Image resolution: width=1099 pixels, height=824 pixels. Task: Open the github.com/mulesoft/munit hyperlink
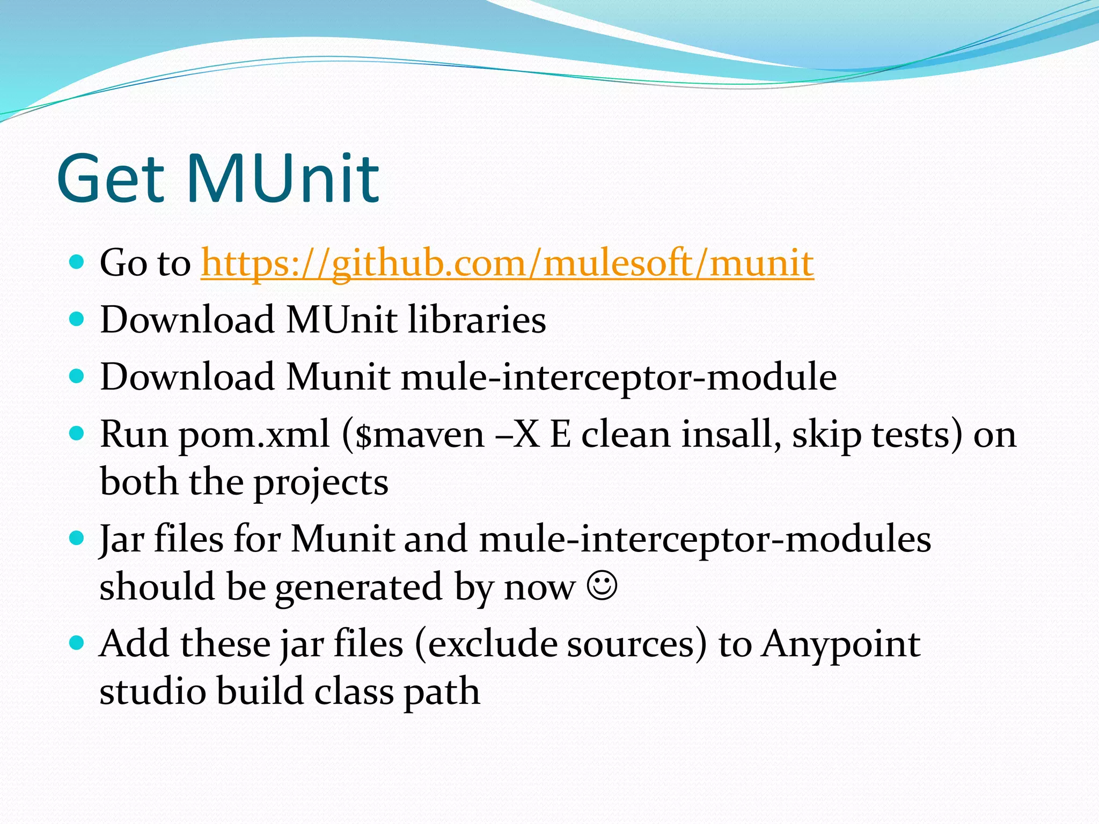(x=507, y=263)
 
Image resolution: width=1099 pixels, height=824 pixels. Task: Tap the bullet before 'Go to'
(x=77, y=262)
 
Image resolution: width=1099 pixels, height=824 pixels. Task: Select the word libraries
(x=477, y=320)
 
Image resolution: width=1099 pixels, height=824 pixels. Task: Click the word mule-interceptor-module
(x=619, y=377)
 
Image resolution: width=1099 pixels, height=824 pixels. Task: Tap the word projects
(x=320, y=483)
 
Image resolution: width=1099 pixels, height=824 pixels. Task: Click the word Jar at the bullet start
(x=122, y=540)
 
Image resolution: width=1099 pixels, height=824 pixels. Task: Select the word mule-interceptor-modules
(x=705, y=540)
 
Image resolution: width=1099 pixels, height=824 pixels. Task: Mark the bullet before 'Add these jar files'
(x=77, y=642)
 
